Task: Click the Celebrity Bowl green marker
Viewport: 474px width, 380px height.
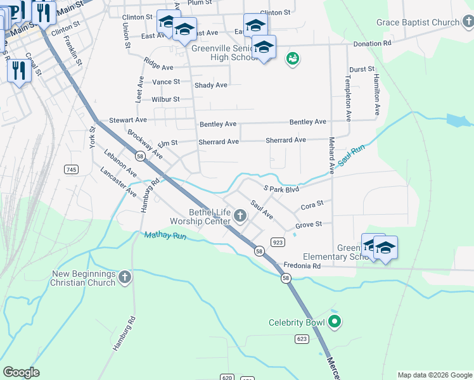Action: tap(336, 322)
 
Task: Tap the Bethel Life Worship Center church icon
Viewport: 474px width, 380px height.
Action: tap(240, 217)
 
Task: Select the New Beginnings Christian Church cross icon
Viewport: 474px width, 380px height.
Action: tap(125, 277)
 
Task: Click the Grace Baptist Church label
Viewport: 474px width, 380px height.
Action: tap(417, 23)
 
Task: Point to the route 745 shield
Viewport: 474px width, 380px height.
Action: tap(71, 169)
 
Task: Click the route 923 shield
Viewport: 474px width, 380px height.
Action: tap(277, 242)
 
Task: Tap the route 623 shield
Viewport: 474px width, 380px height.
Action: tap(302, 339)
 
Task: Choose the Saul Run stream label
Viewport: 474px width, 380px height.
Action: tap(352, 156)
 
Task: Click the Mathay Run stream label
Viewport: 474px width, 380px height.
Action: tap(165, 236)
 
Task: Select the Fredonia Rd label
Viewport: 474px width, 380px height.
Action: tap(302, 266)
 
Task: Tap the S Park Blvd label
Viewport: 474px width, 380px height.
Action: tap(281, 189)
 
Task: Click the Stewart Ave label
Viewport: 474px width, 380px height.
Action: tap(128, 120)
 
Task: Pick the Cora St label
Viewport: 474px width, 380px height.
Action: tap(312, 205)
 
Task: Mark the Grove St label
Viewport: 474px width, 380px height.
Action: tap(309, 224)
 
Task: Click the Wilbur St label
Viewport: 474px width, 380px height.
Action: tap(165, 99)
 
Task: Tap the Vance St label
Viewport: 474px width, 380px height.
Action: tap(167, 82)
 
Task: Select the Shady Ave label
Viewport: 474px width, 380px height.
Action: tap(211, 85)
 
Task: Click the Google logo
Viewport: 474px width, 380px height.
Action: tap(21, 372)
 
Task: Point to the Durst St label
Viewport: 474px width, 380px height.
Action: tap(362, 68)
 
